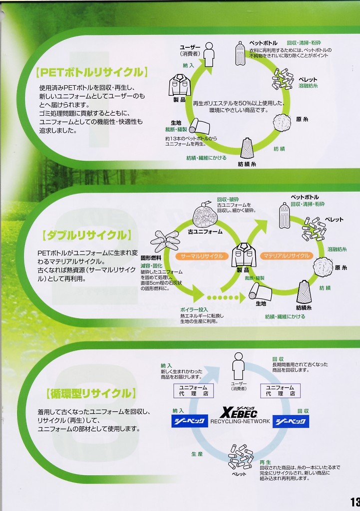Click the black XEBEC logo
click(x=240, y=412)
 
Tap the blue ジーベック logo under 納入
click(x=189, y=422)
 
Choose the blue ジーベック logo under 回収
click(x=291, y=422)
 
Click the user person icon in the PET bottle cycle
click(x=209, y=54)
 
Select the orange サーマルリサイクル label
click(x=202, y=256)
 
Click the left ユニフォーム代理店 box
click(x=193, y=390)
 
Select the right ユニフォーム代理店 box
click(x=280, y=390)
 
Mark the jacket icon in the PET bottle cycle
click(x=179, y=85)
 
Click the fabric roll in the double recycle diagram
click(x=260, y=291)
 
